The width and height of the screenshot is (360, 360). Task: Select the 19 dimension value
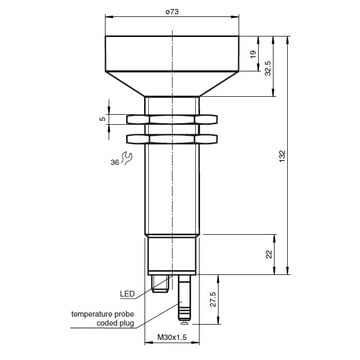click(253, 54)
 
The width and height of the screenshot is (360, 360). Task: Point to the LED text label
click(127, 294)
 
